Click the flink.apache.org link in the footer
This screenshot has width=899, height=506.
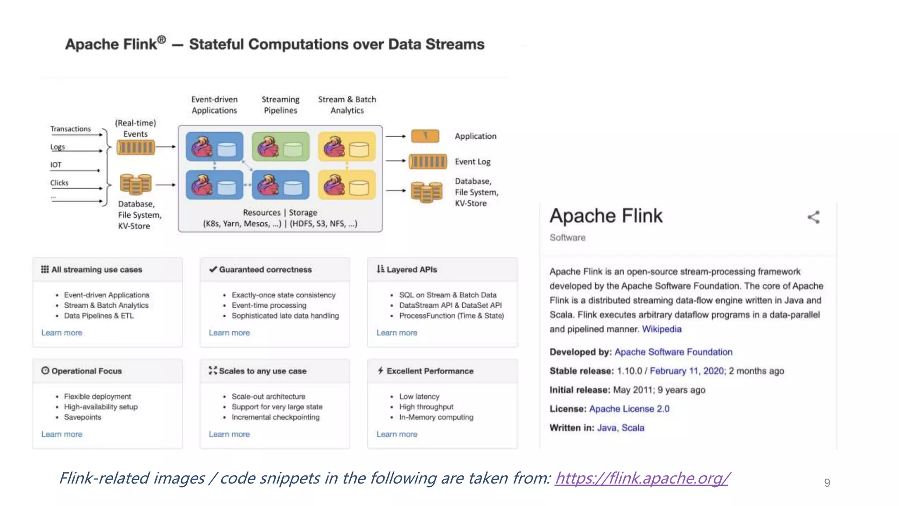[642, 478]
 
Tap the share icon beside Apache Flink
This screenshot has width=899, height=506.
[813, 217]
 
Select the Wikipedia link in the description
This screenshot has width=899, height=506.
[662, 329]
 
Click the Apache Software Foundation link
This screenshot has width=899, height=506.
[673, 352]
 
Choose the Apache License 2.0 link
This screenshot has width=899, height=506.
[629, 409]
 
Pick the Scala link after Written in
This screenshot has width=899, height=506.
[633, 428]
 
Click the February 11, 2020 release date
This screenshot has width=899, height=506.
[687, 371]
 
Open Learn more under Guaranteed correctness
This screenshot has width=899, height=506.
[229, 333]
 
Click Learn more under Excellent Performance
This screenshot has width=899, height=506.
[397, 434]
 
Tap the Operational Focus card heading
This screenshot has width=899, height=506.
[86, 371]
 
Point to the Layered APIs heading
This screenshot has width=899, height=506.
[411, 270]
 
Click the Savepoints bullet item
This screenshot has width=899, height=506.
[83, 417]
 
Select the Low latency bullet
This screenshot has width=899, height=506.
[419, 397]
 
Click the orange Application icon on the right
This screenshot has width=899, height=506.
[425, 136]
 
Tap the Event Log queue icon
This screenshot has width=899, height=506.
[428, 162]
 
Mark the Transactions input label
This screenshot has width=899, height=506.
[70, 129]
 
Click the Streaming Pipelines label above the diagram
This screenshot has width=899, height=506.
[280, 105]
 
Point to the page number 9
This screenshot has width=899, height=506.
[827, 483]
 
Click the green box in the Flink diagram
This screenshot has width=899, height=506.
[280, 147]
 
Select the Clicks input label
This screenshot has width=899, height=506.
[59, 183]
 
